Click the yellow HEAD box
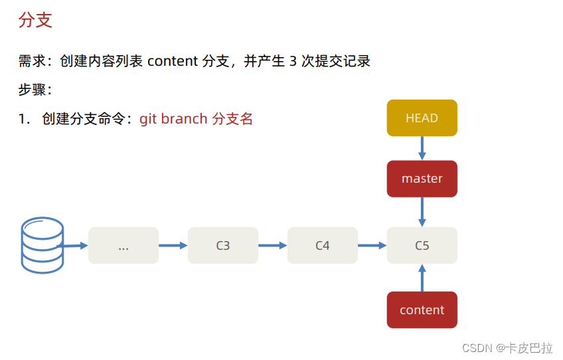tap(422, 118)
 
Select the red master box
tap(422, 179)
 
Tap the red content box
tap(422, 310)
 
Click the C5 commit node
tap(422, 246)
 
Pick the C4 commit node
tap(322, 246)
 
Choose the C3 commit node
tap(222, 246)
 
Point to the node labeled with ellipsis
tap(123, 246)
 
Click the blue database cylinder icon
tap(42, 245)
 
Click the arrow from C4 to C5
tap(372, 246)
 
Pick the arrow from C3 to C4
tap(272, 246)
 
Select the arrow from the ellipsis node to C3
tap(173, 246)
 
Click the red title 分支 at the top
tap(35, 20)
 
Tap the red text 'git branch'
tap(173, 119)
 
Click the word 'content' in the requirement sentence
tap(173, 61)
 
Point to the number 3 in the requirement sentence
tap(293, 61)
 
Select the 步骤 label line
tap(35, 90)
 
